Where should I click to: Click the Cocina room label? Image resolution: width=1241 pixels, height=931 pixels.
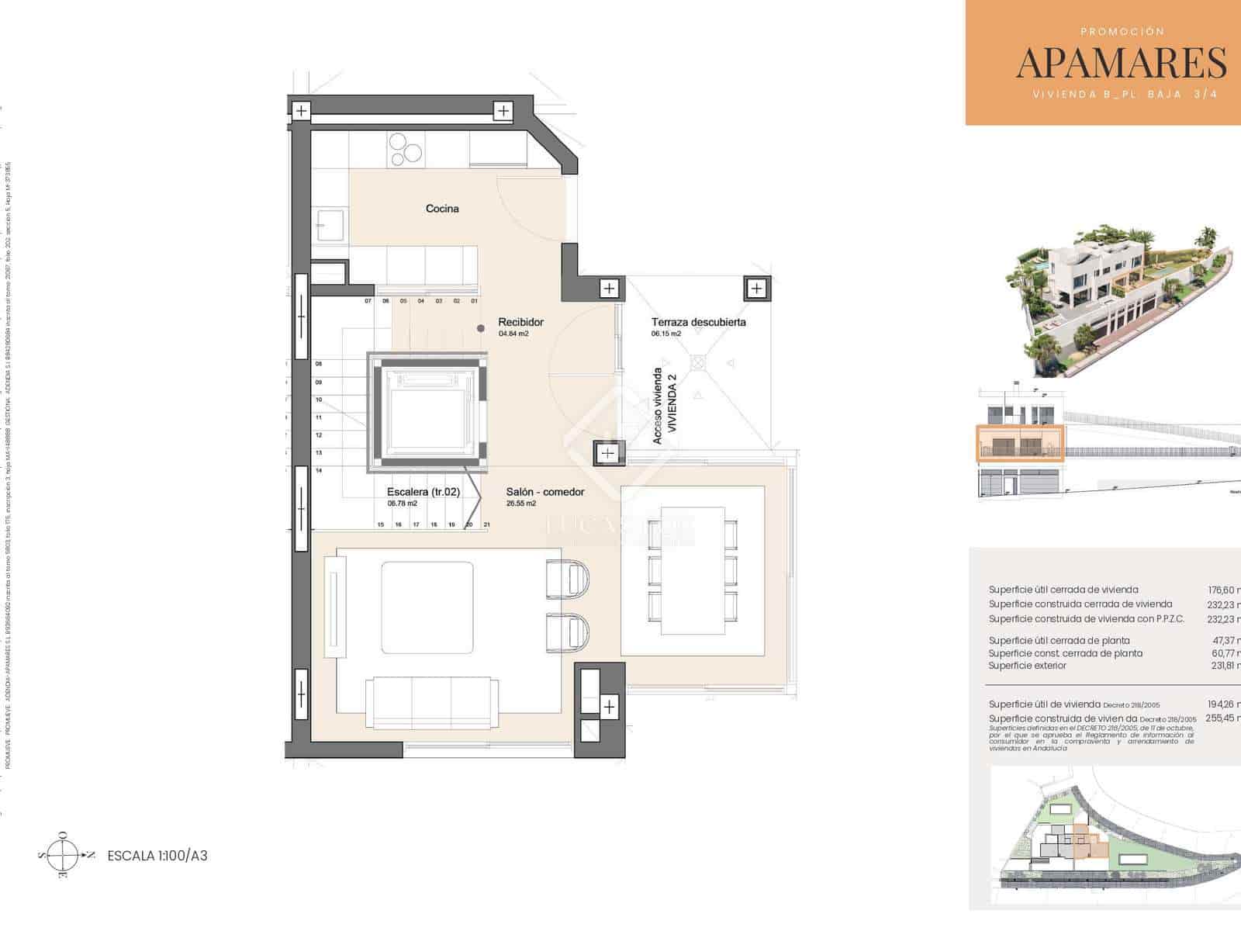point(442,209)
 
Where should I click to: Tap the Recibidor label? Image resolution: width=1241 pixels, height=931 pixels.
point(520,322)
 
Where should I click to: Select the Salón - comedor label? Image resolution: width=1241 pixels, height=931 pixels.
point(544,492)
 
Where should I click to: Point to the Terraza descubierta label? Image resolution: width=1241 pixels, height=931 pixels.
point(698,322)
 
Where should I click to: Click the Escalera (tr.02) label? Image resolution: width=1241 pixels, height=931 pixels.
point(423,492)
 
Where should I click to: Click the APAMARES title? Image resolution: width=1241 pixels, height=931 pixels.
point(1121,63)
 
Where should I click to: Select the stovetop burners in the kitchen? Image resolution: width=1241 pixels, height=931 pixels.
point(406,150)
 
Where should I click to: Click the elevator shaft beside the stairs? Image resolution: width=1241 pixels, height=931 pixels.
point(427,413)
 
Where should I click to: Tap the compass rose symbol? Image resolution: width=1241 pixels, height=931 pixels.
point(63,855)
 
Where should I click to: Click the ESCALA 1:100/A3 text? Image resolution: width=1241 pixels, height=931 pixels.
point(157,856)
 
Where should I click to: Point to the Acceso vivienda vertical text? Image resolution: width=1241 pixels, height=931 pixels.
point(658,406)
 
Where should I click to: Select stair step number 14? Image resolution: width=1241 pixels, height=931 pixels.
point(319,470)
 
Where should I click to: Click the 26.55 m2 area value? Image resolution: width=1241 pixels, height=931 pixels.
point(520,504)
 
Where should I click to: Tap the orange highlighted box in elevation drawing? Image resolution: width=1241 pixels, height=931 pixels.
point(1018,444)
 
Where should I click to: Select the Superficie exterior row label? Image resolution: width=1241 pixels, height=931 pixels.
point(1027,666)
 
